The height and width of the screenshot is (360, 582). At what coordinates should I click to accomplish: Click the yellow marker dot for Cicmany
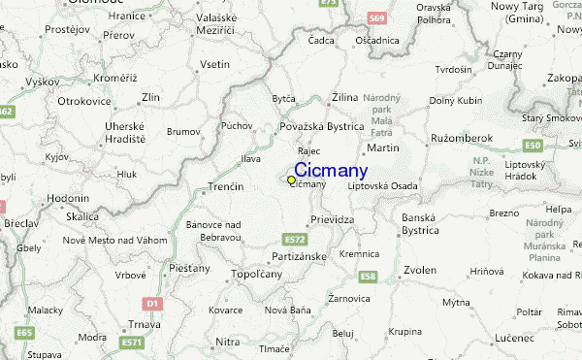[x=291, y=180]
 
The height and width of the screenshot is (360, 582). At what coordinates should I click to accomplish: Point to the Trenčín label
[x=229, y=184]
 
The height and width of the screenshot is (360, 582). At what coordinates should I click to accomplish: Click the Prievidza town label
[x=332, y=219]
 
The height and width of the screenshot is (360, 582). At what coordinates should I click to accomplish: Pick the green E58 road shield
[x=367, y=277]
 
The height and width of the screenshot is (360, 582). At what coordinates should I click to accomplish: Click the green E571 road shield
[x=132, y=343]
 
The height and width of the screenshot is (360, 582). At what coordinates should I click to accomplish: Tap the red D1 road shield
[x=150, y=303]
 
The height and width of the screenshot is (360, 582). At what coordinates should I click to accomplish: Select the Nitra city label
[x=227, y=342]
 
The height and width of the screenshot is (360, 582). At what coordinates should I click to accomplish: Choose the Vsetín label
[x=214, y=64]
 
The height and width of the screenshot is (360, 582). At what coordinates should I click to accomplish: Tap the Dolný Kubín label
[x=455, y=100]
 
